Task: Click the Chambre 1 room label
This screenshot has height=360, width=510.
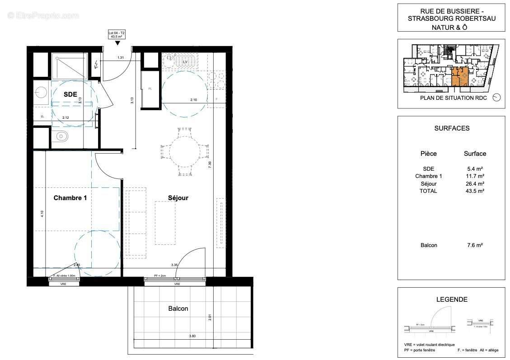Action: pyautogui.click(x=70, y=198)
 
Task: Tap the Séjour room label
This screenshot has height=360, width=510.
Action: pyautogui.click(x=178, y=198)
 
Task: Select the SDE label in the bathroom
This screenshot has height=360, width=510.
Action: pyautogui.click(x=70, y=94)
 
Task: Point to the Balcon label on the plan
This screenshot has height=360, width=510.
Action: pyautogui.click(x=178, y=309)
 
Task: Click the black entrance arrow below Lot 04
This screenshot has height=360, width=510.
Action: pyautogui.click(x=117, y=43)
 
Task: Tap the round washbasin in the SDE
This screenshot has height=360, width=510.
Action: pyautogui.click(x=42, y=93)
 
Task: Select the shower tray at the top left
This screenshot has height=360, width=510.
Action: pyautogui.click(x=70, y=66)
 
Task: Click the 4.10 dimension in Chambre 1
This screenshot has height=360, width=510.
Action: pyautogui.click(x=42, y=214)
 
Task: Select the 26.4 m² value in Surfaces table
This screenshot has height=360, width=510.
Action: pyautogui.click(x=475, y=183)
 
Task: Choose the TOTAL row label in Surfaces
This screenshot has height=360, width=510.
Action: pyautogui.click(x=428, y=191)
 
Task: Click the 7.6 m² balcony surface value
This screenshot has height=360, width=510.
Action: pyautogui.click(x=475, y=245)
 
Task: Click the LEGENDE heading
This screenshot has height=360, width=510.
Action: pyautogui.click(x=452, y=299)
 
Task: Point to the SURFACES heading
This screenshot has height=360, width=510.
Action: pyautogui.click(x=452, y=128)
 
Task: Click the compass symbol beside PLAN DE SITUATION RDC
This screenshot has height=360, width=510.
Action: pyautogui.click(x=496, y=98)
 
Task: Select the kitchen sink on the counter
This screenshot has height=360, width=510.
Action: pyautogui.click(x=170, y=58)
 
